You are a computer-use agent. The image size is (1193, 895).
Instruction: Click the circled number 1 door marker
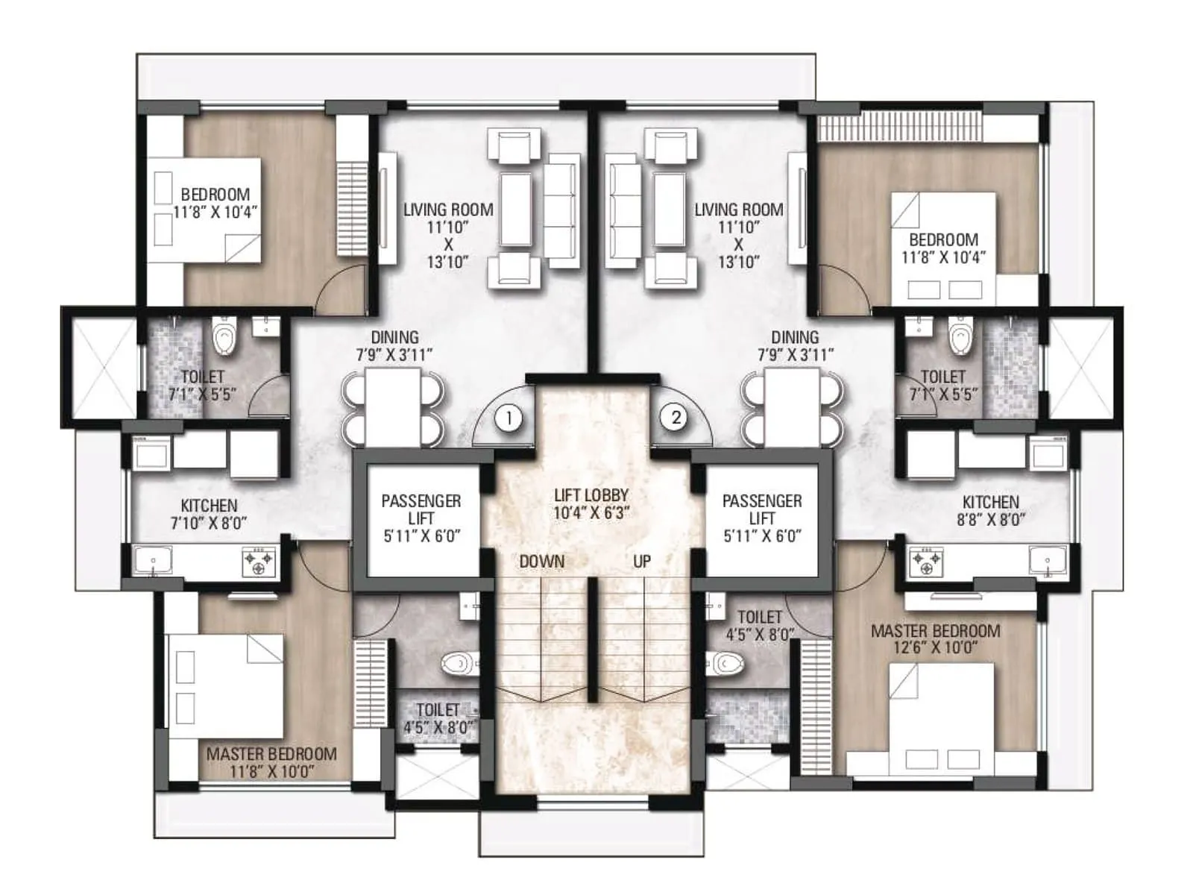[x=509, y=418]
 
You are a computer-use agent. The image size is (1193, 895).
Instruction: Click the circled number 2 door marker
[x=676, y=417]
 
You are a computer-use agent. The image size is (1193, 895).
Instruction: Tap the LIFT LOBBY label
[x=591, y=495]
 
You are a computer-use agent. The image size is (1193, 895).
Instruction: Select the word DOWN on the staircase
[x=542, y=562]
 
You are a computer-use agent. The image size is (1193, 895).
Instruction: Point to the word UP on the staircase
[x=642, y=562]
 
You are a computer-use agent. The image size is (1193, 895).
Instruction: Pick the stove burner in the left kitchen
[x=259, y=561]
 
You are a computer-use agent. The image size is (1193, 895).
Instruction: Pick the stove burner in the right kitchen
[x=925, y=561]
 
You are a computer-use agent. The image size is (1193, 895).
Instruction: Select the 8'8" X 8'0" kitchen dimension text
[x=990, y=521]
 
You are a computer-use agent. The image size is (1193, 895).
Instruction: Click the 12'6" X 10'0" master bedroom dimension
[x=936, y=648]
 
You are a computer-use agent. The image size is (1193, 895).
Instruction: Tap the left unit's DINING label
[x=394, y=338]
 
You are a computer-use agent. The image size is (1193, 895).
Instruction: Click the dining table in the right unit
[x=792, y=406]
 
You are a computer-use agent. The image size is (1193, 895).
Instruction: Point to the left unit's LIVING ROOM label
[x=448, y=210]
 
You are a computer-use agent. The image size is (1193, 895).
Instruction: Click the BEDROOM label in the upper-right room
[x=943, y=240]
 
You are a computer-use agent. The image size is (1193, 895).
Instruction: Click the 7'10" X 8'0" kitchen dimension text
[x=209, y=524]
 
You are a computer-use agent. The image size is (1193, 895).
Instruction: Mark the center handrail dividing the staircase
[x=592, y=639]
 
